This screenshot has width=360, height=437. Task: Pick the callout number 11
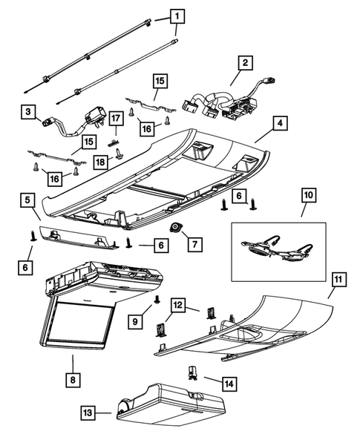(338, 280)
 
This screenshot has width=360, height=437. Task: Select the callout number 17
(115, 118)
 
